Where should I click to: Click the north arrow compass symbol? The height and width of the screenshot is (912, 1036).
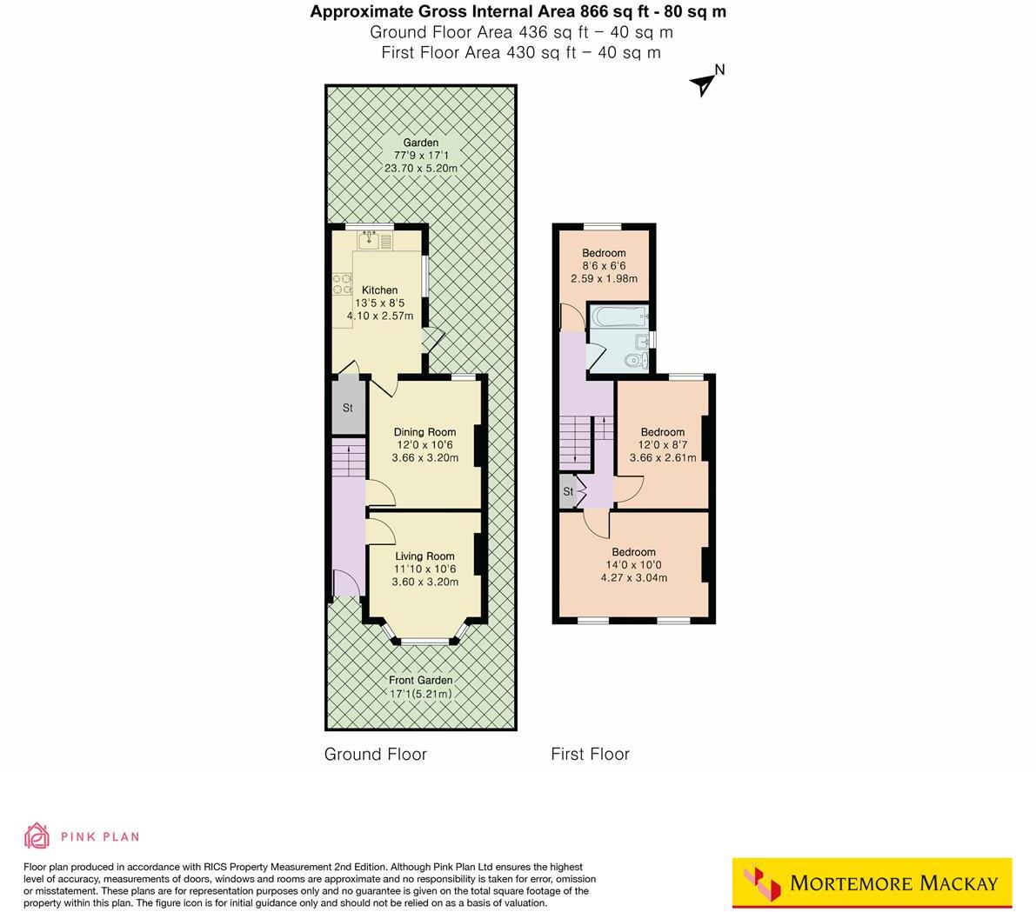click(x=704, y=83)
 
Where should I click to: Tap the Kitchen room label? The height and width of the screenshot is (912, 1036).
click(x=379, y=290)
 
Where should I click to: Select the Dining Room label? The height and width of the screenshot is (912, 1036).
click(x=424, y=432)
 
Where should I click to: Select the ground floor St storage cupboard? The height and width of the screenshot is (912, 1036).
click(x=347, y=407)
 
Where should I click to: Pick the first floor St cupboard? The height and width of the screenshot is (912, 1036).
click(x=568, y=492)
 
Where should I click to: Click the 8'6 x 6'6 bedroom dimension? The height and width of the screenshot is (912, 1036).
click(x=604, y=266)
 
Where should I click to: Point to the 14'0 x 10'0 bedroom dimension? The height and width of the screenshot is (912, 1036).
click(x=633, y=565)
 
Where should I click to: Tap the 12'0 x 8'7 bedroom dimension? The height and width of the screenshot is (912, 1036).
click(x=662, y=445)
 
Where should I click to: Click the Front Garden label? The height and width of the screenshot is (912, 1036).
click(x=420, y=681)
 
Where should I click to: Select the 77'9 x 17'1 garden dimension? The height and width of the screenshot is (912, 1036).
click(x=420, y=156)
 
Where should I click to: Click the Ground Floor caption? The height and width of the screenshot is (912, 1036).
click(x=376, y=755)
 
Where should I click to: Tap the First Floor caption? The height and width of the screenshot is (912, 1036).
click(x=590, y=755)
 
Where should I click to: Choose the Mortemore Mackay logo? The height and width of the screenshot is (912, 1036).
click(x=872, y=884)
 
